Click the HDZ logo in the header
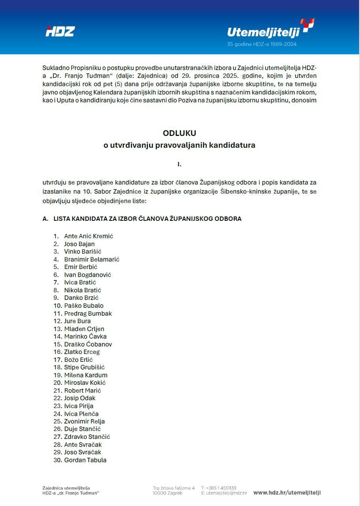(60, 32)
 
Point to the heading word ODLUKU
(180, 133)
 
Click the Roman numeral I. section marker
(180, 164)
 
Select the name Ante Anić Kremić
(89, 236)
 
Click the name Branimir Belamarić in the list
(92, 260)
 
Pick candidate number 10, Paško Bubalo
(84, 306)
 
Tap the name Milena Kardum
(86, 375)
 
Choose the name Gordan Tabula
(85, 460)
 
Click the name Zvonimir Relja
(84, 421)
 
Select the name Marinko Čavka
(85, 337)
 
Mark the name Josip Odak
(80, 398)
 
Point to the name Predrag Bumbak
(88, 314)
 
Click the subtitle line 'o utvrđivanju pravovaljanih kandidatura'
(180, 145)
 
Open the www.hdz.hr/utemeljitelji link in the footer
(287, 493)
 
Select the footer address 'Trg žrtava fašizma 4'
(174, 488)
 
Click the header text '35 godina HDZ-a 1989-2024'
(262, 44)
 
